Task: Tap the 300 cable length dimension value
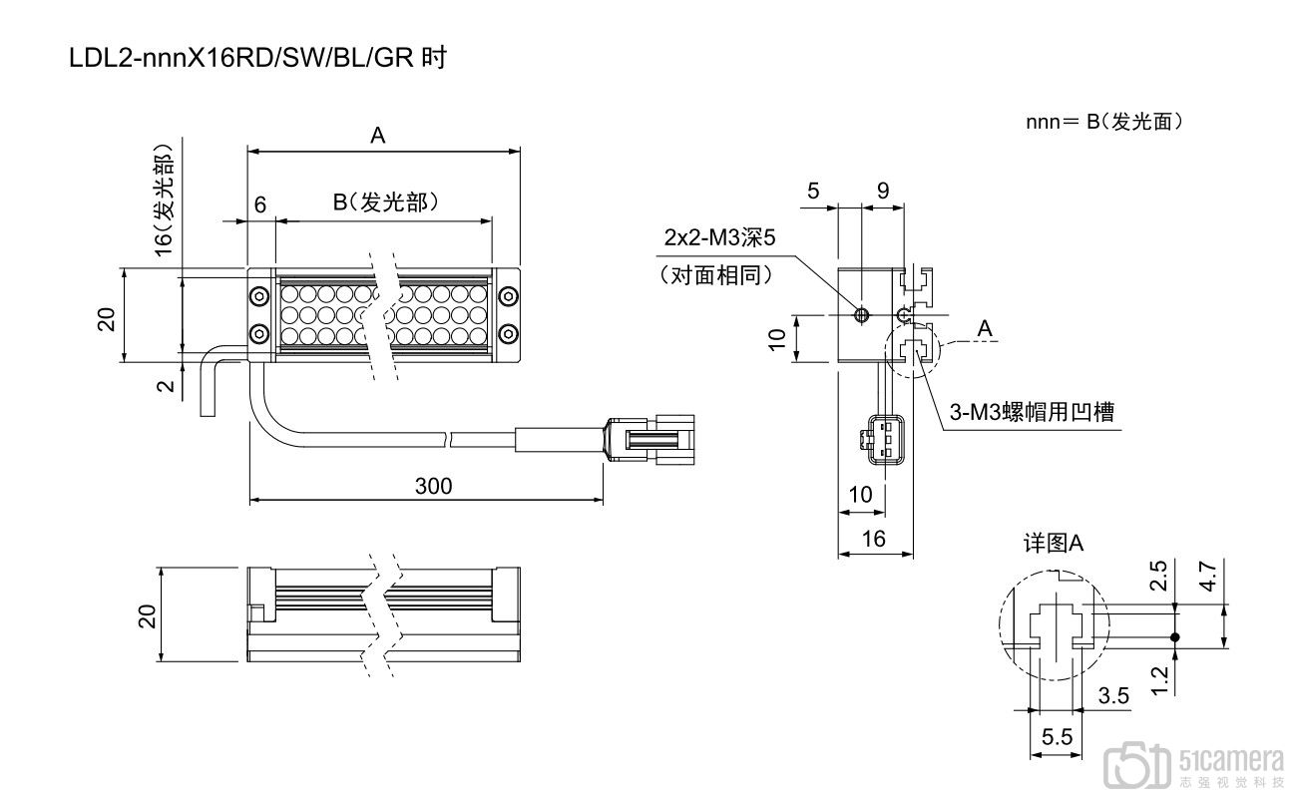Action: tap(433, 487)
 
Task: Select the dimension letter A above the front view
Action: tap(378, 138)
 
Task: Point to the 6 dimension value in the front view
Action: tap(260, 204)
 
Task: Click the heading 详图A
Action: tap(1054, 544)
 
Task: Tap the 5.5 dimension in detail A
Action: tap(1057, 739)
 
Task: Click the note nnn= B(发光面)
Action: tap(1103, 122)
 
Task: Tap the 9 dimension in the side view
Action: tap(882, 190)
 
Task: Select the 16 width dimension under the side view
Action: tap(873, 540)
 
